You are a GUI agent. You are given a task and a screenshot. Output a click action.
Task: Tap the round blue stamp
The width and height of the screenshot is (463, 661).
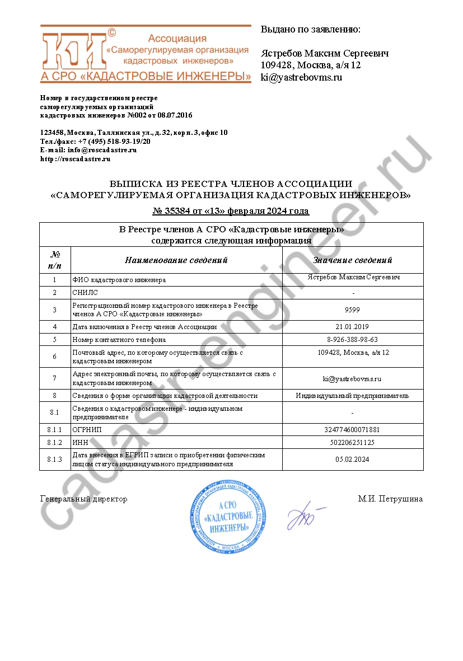click(x=227, y=518)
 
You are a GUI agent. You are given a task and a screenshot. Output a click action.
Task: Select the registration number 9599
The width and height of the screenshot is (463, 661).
click(x=353, y=310)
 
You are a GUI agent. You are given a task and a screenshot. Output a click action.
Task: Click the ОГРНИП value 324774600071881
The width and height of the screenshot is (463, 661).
click(x=353, y=430)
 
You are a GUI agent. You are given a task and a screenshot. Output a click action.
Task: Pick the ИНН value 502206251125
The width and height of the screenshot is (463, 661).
click(x=353, y=442)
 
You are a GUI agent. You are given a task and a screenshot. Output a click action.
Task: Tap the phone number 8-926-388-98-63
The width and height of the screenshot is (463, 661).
click(x=353, y=339)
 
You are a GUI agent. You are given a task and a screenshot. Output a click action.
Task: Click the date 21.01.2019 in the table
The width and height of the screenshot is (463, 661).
click(x=353, y=326)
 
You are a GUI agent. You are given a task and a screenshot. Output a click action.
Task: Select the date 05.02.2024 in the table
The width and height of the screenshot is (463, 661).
click(x=353, y=460)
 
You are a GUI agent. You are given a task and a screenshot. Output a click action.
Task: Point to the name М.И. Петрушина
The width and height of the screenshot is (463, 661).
click(x=390, y=499)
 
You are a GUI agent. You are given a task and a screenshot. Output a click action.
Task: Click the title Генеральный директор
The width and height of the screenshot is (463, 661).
click(x=84, y=499)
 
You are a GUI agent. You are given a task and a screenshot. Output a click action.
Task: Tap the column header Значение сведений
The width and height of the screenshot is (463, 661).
click(x=353, y=260)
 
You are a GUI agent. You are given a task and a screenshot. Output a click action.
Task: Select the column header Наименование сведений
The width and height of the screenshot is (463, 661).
click(x=176, y=260)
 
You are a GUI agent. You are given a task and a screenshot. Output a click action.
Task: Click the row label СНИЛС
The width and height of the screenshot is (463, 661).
click(x=83, y=292)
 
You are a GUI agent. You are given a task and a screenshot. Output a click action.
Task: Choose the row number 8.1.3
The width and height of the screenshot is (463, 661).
click(x=55, y=460)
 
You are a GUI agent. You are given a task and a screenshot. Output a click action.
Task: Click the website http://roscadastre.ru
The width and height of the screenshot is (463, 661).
click(x=75, y=158)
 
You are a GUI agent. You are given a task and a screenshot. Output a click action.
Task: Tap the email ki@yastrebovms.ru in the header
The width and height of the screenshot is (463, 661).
click(x=301, y=77)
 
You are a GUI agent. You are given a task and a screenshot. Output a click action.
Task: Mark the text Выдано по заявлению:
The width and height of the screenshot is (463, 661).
click(x=311, y=29)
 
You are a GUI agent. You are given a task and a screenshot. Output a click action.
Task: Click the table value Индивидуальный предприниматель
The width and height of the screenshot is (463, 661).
click(x=353, y=396)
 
